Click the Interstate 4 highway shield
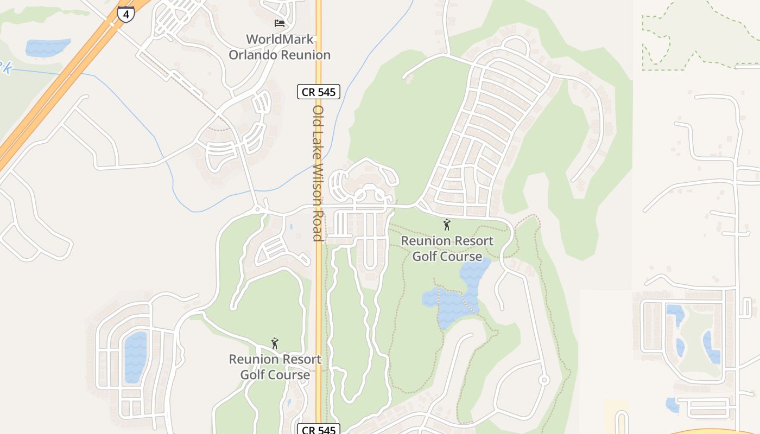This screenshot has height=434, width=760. tap(126, 14)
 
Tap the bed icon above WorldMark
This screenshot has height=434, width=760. tap(279, 23)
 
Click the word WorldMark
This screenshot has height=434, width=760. tap(280, 39)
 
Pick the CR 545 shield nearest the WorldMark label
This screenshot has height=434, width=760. tap(319, 92)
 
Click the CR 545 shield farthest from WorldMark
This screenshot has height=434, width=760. tap(319, 430)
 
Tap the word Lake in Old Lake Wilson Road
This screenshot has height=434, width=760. tap(318, 144)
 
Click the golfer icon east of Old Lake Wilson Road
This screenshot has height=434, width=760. tap(447, 225)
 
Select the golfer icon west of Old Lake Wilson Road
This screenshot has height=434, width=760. tap(275, 343)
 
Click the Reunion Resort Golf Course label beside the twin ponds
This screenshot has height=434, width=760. tap(447, 248)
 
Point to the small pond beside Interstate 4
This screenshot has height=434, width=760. tap(48, 47)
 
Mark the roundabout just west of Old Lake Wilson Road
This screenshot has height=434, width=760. tap(257, 209)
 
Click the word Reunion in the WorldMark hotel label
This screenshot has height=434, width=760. tap(307, 55)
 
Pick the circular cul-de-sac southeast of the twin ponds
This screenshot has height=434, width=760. tap(544, 380)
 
